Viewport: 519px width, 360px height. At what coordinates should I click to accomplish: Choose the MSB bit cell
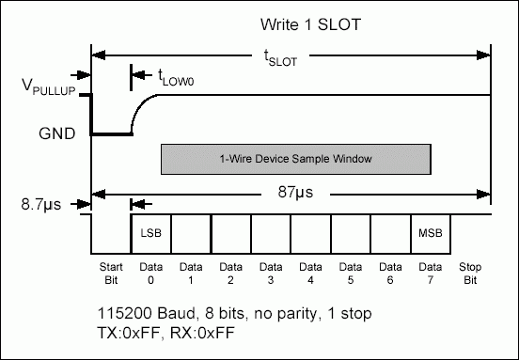point(432,231)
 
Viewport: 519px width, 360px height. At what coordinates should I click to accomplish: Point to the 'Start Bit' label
point(110,273)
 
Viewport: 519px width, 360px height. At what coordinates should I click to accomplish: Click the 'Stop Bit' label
point(470,273)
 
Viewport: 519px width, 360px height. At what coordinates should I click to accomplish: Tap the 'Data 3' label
point(271,273)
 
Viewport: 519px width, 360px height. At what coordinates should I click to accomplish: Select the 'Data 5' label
point(351,273)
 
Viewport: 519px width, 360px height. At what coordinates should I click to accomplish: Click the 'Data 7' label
point(432,273)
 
